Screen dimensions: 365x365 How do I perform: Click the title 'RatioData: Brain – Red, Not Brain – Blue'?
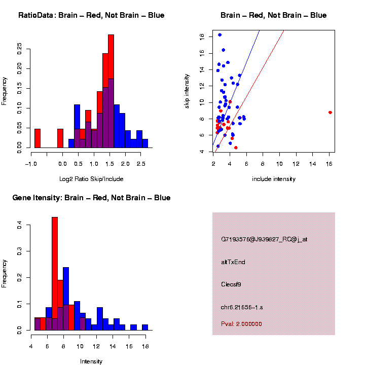point(91,15)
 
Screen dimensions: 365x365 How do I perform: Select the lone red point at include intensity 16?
point(330,112)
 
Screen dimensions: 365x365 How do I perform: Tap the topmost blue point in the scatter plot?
point(220,35)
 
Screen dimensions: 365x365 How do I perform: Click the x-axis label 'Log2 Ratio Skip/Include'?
point(91,179)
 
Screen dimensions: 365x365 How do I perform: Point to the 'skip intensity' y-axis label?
point(187,91)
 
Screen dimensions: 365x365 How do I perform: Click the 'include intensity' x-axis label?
point(274,179)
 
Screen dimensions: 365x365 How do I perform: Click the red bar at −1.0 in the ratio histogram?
point(38,138)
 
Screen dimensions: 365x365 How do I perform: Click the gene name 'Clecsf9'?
point(231,284)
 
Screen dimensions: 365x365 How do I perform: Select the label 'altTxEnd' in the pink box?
point(233,262)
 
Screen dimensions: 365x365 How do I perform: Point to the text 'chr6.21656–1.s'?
point(242,307)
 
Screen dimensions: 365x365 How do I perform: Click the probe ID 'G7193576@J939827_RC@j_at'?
point(264,239)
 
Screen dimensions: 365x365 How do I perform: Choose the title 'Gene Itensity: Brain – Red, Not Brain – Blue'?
point(91,198)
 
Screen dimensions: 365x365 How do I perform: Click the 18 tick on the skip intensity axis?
point(202,36)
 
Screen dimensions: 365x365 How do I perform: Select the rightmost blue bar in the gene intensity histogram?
point(145,327)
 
